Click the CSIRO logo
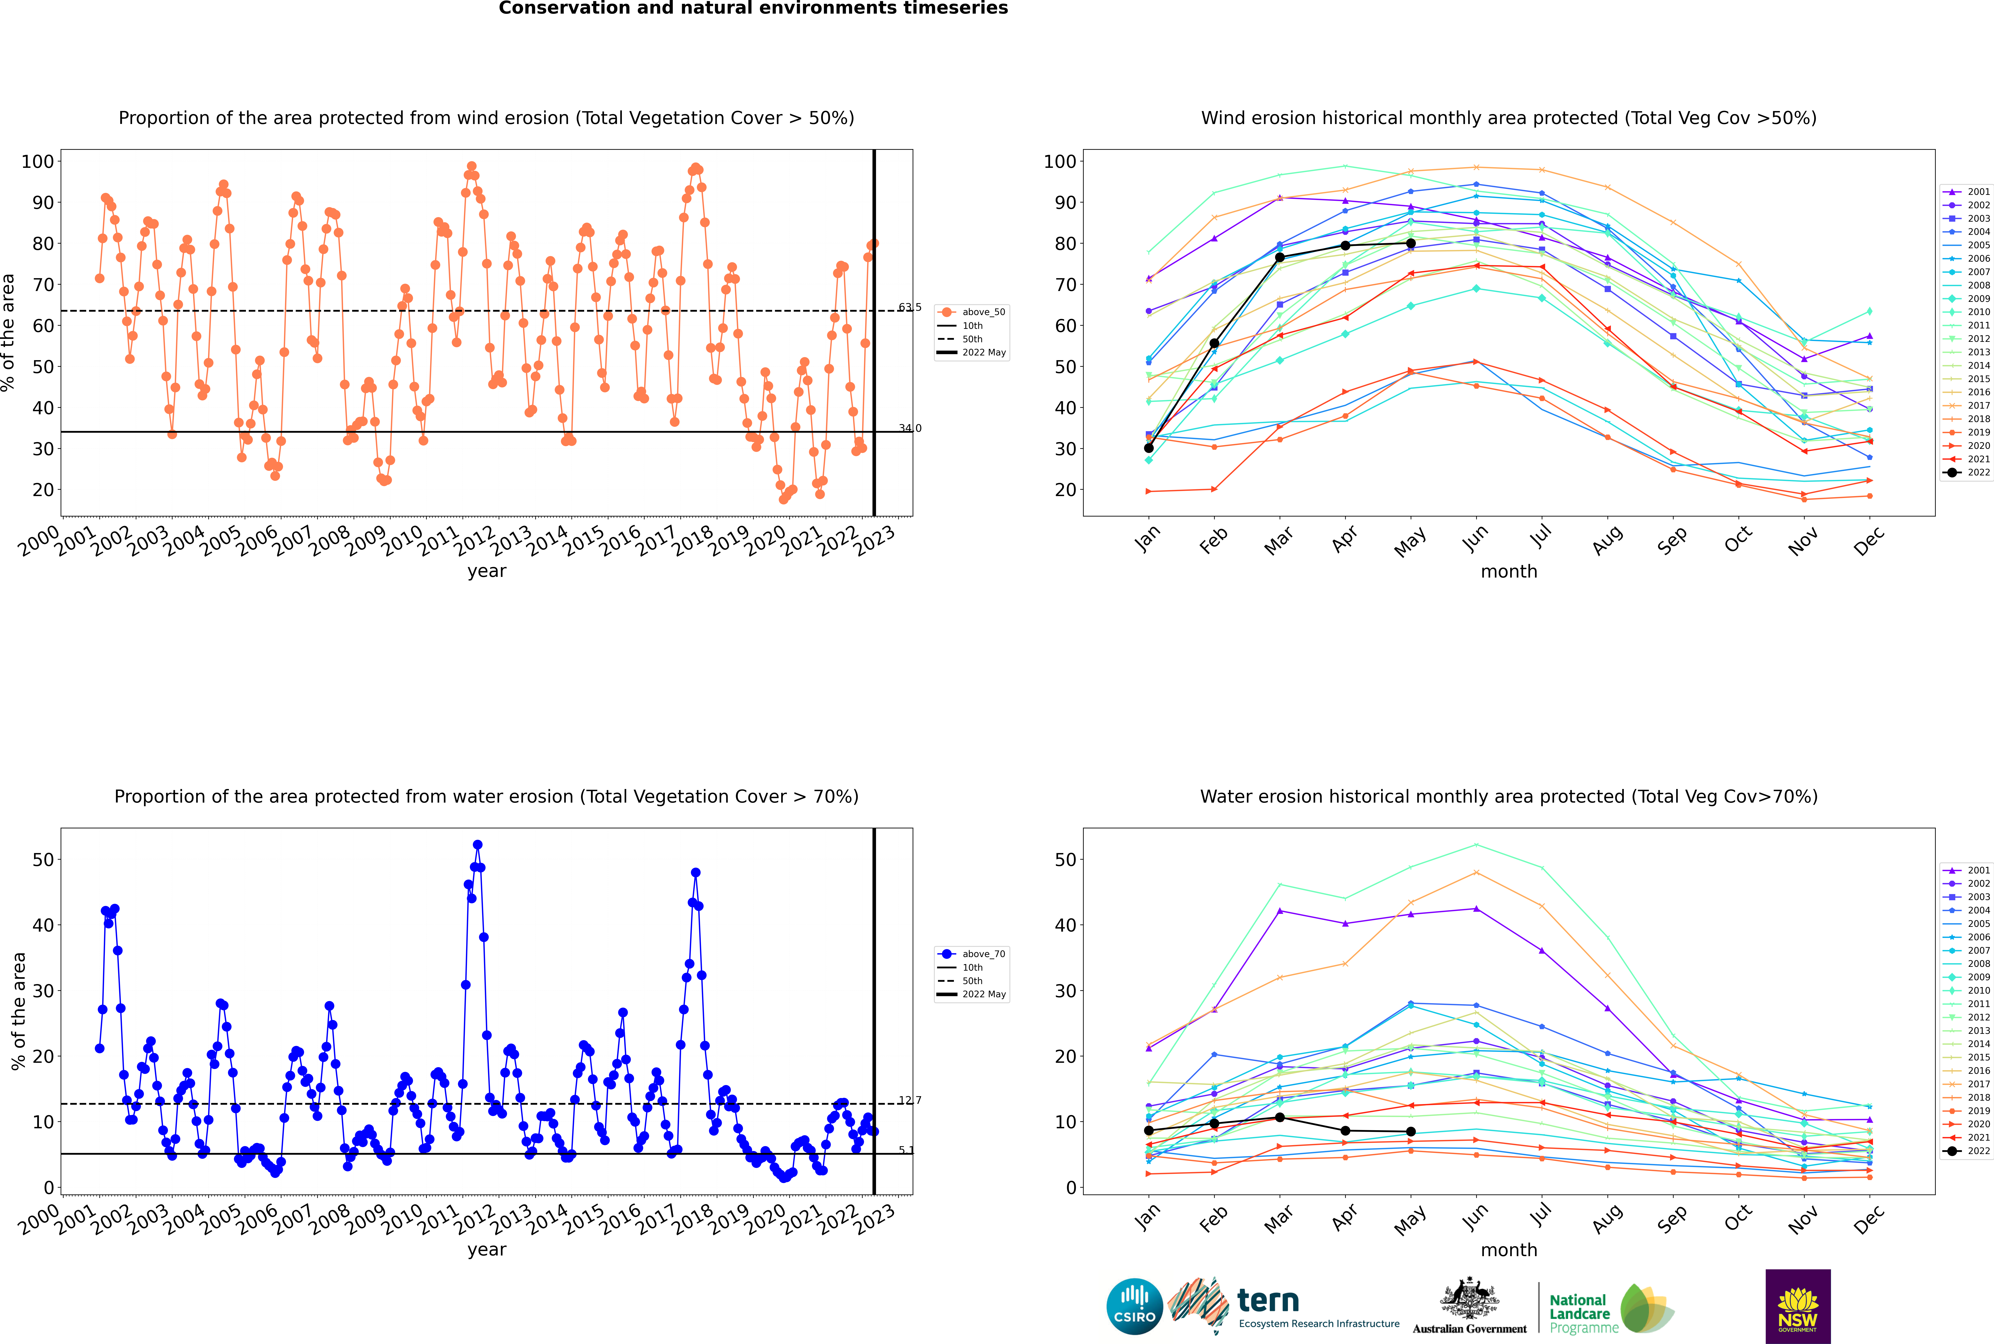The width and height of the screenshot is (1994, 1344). coord(1134,1306)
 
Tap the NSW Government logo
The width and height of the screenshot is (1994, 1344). coord(1798,1305)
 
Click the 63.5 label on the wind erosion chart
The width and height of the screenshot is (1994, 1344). coord(909,307)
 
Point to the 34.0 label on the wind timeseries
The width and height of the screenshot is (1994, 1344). coord(909,428)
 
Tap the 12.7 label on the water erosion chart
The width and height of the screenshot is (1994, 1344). coord(909,1100)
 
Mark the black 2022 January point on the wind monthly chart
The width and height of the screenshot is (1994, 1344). coord(1149,447)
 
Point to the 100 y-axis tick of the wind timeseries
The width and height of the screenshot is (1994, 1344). coord(38,161)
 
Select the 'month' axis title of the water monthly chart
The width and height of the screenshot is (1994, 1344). coord(1509,1250)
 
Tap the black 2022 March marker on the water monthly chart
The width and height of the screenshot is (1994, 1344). coord(1280,1118)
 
